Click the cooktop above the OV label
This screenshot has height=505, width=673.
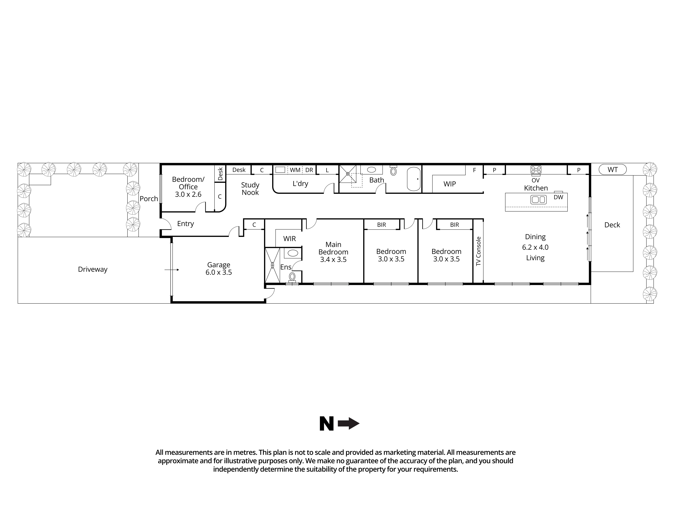(x=536, y=170)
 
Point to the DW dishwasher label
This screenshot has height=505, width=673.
(x=558, y=197)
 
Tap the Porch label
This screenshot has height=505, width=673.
(x=149, y=199)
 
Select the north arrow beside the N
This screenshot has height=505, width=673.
(x=349, y=423)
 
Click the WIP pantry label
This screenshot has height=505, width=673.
(x=449, y=184)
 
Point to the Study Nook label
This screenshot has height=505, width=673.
(x=250, y=189)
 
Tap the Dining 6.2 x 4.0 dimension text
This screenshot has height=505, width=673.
(x=535, y=247)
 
